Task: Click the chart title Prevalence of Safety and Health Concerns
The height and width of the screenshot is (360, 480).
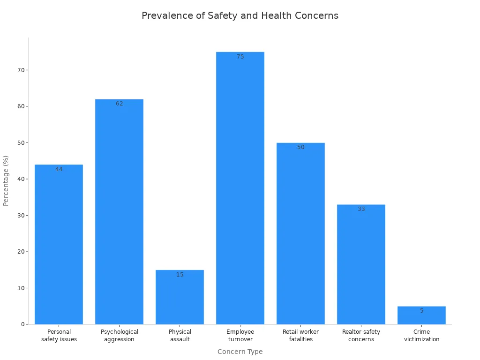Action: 240,15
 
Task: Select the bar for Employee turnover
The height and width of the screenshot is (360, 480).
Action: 240,187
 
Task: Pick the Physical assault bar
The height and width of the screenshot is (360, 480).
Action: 180,297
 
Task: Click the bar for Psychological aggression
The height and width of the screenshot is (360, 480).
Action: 119,211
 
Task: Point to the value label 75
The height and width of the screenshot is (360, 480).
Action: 240,57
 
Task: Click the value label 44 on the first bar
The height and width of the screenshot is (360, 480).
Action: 59,169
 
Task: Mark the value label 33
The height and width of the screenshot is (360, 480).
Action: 361,209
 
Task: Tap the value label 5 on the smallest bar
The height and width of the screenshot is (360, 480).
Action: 421,311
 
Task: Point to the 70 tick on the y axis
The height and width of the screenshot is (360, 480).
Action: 21,70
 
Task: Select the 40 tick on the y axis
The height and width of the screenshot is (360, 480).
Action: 21,179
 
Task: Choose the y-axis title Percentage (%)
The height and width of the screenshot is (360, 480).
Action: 6,180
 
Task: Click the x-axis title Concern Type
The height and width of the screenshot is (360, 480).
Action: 240,352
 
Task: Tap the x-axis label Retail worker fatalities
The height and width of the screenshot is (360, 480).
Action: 300,336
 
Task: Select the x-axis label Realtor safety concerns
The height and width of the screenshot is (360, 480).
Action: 361,336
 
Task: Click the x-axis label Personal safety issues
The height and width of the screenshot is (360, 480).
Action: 59,336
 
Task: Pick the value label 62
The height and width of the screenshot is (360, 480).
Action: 119,104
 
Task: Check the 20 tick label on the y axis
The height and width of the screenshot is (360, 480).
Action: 21,252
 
